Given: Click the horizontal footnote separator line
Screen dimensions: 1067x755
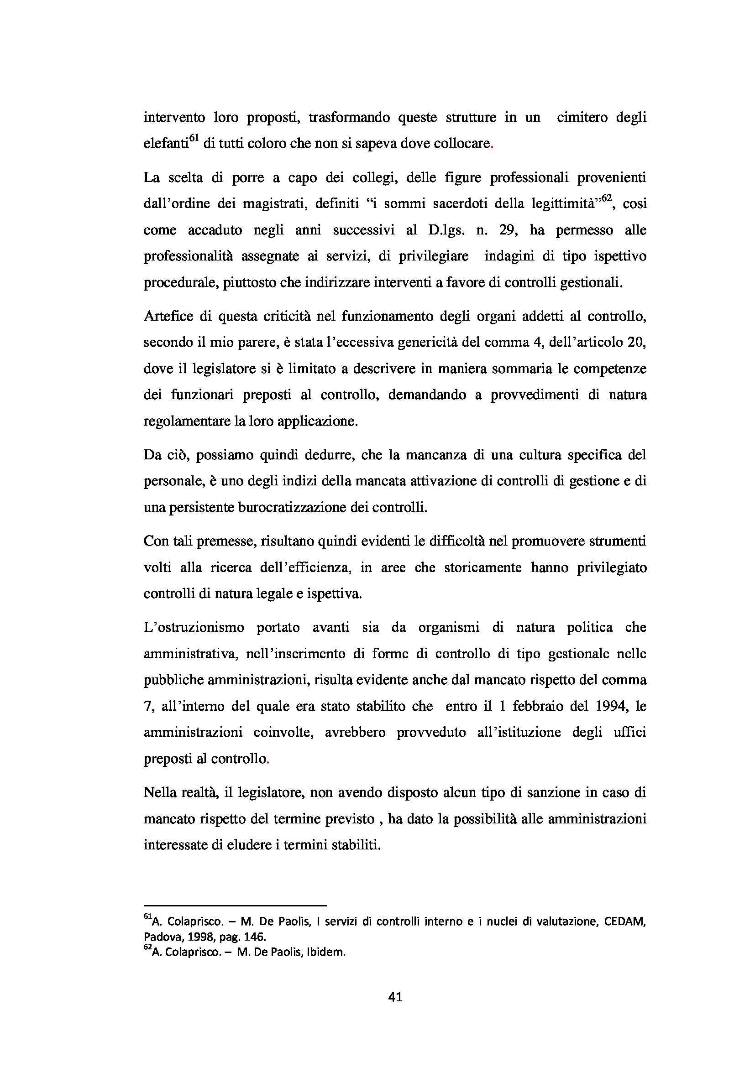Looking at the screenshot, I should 235,905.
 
